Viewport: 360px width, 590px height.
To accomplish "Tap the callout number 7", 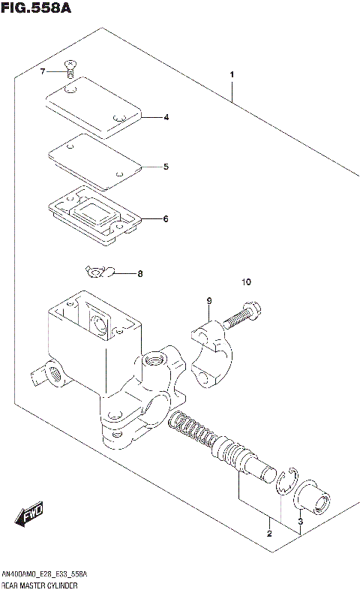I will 43,71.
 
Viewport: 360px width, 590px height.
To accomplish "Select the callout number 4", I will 166,117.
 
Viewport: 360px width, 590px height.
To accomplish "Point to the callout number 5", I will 166,167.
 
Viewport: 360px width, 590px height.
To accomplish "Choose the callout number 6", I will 166,219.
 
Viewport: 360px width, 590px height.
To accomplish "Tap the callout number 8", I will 139,274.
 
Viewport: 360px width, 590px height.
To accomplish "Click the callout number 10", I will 247,282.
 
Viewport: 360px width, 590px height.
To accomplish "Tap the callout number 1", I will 232,74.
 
